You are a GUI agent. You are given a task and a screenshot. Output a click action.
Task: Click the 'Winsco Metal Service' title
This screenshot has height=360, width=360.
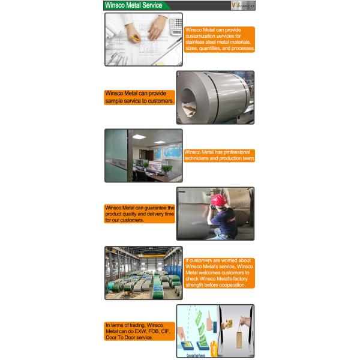click(134, 5)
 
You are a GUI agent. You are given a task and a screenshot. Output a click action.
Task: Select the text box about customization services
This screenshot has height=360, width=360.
click(220, 39)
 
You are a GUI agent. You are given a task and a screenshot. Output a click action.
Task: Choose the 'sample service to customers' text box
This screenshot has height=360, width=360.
click(140, 97)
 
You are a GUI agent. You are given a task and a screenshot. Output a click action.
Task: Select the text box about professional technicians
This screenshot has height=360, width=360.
click(220, 155)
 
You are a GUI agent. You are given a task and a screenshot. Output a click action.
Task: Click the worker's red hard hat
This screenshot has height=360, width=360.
click(218, 200)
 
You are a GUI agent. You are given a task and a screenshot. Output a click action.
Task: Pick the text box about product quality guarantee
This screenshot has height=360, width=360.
click(140, 214)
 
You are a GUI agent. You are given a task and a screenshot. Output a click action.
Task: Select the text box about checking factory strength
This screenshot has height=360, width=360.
click(220, 273)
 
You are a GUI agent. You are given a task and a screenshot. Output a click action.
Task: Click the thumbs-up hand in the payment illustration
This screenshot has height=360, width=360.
click(209, 323)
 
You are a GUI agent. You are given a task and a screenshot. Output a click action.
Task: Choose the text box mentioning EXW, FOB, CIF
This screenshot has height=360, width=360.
click(140, 331)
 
